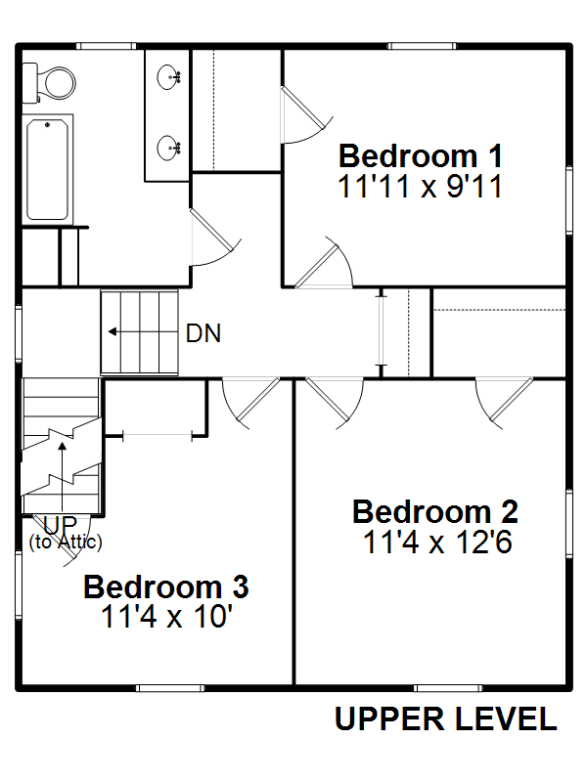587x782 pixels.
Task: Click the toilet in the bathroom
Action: (49, 83)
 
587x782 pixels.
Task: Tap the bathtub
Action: (47, 169)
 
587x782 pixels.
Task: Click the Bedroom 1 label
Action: (421, 156)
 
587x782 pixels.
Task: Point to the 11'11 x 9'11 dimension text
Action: (420, 187)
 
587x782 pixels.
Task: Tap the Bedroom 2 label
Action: (435, 511)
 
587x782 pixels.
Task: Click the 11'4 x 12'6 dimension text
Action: (437, 543)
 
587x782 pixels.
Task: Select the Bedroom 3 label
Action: (165, 586)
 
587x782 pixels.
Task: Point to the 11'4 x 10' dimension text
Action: (166, 617)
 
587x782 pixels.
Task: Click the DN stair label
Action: (203, 333)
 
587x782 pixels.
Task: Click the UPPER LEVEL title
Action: (445, 718)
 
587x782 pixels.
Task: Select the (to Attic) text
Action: (66, 542)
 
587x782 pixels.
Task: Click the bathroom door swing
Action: (215, 238)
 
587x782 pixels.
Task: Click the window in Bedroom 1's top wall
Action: (422, 46)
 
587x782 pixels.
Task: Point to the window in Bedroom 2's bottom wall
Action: (448, 688)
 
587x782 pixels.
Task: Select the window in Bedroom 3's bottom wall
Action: (170, 688)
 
